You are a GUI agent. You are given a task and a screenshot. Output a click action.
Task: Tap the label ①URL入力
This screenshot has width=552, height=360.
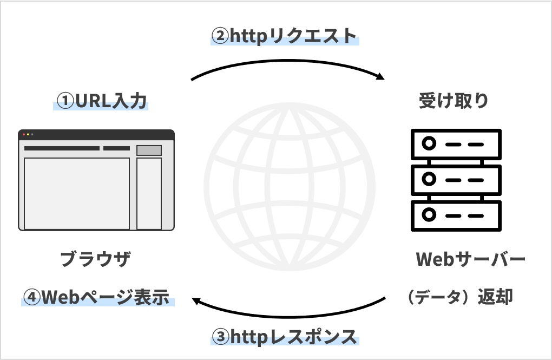(x=102, y=101)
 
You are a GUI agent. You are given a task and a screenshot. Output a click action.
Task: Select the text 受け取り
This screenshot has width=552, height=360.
(x=454, y=101)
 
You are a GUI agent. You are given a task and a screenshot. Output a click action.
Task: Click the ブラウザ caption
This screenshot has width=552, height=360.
(x=95, y=259)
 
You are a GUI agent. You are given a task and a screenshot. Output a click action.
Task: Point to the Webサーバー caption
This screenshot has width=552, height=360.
(x=470, y=259)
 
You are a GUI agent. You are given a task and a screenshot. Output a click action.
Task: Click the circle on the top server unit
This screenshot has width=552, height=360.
(x=429, y=145)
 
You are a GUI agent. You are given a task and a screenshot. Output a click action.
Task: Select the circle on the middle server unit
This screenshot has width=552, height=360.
(x=429, y=179)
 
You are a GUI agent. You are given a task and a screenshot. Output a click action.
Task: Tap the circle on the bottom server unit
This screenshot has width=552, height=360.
(x=429, y=214)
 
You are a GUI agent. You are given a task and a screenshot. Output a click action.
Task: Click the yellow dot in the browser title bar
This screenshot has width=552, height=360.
(x=28, y=134)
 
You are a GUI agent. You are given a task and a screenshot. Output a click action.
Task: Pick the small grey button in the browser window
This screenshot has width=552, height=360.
(x=149, y=150)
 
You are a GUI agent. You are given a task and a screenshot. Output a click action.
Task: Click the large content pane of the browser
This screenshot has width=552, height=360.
(x=77, y=193)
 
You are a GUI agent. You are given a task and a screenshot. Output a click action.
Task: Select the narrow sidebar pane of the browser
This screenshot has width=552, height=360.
(x=149, y=193)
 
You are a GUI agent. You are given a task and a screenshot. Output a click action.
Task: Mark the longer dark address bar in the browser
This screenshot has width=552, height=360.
(x=62, y=148)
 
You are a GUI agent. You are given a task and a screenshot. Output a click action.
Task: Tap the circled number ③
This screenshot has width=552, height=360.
(x=220, y=337)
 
